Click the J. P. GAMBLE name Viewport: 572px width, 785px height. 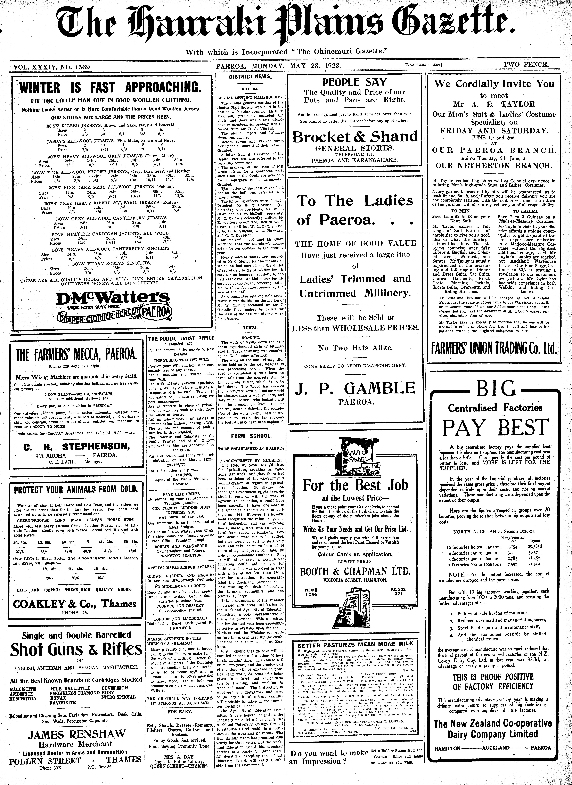pos(355,388)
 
